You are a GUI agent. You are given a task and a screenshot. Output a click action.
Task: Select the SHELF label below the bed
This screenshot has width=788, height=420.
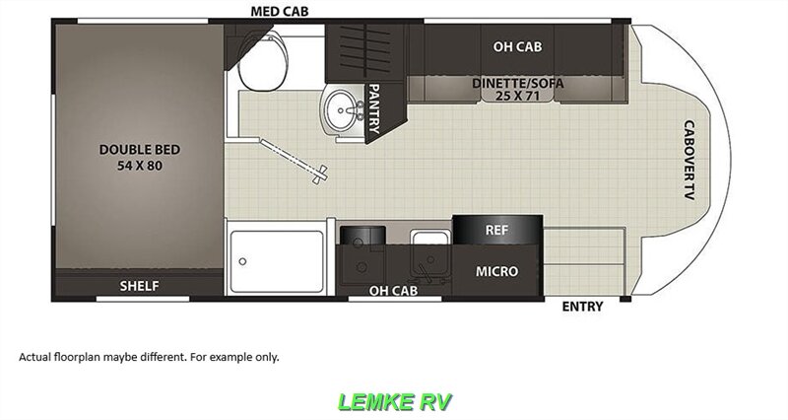[x=139, y=286]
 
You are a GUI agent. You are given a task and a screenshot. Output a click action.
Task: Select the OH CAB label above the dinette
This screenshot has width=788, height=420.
[x=517, y=46]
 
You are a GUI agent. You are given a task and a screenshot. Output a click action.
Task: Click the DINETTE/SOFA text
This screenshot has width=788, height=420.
[x=517, y=84]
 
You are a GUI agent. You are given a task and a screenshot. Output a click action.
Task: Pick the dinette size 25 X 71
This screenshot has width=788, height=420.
[x=517, y=98]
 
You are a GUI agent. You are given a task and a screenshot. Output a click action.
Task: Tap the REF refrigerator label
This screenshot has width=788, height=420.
[x=496, y=230]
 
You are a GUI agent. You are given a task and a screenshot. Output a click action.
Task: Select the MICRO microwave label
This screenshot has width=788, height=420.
[x=497, y=270]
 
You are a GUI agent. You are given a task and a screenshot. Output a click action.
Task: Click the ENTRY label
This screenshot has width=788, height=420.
[x=582, y=307]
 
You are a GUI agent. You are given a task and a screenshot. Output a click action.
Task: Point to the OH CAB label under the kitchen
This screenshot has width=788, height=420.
[x=393, y=290]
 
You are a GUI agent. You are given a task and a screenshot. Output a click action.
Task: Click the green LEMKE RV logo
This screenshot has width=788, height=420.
[x=394, y=401]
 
